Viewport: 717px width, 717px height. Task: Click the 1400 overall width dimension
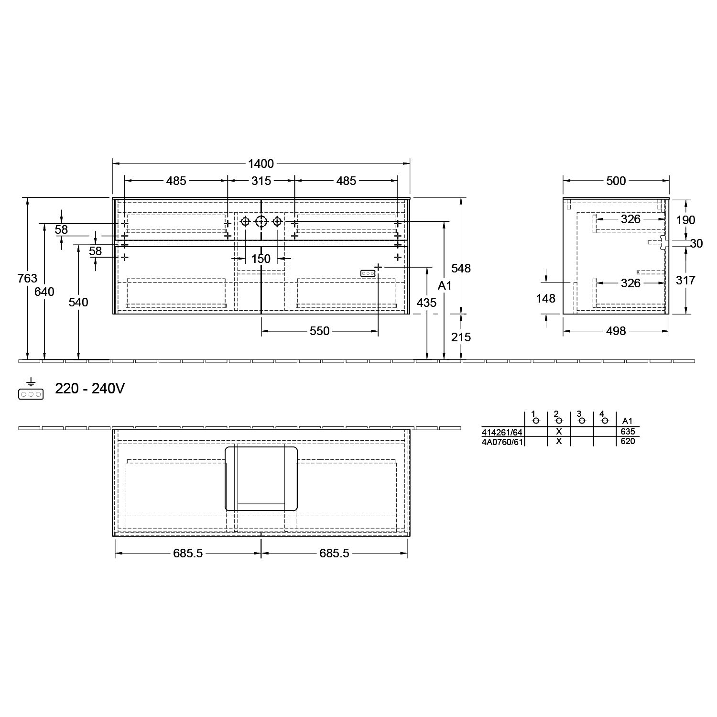(x=261, y=164)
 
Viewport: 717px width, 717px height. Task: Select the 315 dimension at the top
(x=261, y=181)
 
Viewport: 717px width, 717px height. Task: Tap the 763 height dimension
(x=27, y=278)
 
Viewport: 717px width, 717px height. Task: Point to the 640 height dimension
(x=44, y=292)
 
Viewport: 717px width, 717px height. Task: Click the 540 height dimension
(x=78, y=303)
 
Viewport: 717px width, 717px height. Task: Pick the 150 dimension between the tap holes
(x=261, y=259)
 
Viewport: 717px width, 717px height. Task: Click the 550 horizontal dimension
(x=320, y=331)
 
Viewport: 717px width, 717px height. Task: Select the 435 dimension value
(x=426, y=303)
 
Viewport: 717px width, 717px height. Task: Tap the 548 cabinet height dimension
(x=461, y=269)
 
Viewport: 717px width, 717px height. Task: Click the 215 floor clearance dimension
(x=461, y=337)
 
